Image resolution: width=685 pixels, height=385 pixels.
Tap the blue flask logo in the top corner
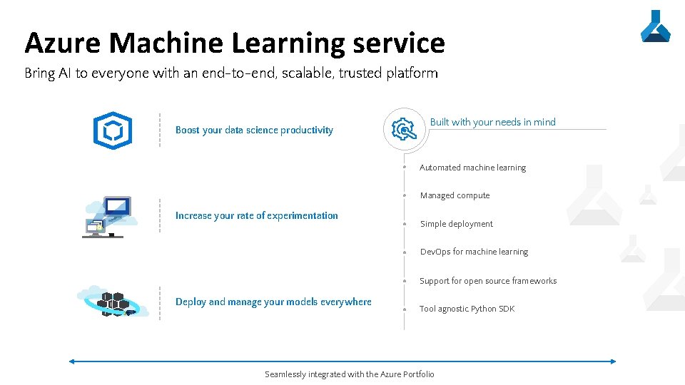point(655,26)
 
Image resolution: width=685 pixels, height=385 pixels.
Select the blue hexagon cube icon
point(113,130)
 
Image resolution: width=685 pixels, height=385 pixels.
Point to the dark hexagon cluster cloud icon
point(113,302)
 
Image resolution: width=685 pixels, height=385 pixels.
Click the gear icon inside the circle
point(404,130)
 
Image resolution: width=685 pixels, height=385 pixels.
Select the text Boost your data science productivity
point(254,130)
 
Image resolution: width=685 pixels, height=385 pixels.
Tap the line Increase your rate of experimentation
point(257,215)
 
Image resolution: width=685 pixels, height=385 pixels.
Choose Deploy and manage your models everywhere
point(273,302)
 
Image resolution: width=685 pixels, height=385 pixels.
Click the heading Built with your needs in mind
point(492,122)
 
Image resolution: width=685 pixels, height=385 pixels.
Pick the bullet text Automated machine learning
point(472,168)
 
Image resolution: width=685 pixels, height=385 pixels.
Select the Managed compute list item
point(455,195)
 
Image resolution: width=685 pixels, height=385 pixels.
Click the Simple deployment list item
point(456,224)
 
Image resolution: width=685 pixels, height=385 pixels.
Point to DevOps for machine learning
point(474,252)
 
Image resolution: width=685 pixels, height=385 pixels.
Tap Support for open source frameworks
point(488,281)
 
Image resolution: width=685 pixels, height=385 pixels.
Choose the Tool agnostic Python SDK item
point(467,309)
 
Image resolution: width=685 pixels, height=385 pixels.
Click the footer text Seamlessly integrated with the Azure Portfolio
point(349,374)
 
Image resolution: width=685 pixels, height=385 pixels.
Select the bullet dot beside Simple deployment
point(404,224)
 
